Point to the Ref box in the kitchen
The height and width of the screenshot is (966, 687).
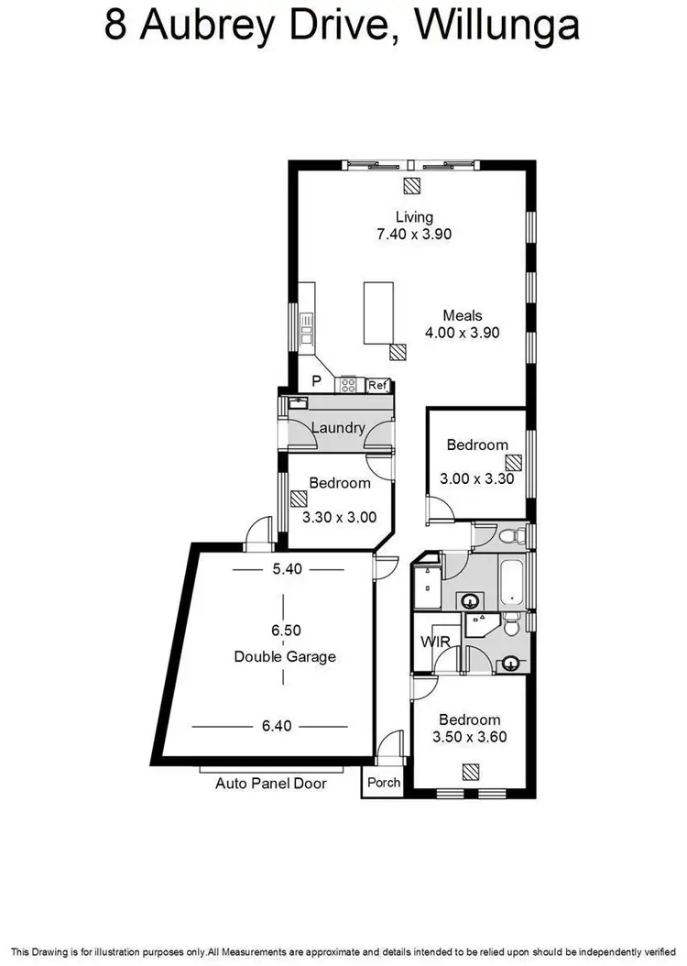tap(378, 386)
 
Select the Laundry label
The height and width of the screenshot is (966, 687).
tap(338, 427)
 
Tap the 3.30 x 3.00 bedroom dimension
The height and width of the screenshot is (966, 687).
tap(339, 517)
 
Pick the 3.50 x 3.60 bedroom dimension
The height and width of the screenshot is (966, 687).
tap(468, 736)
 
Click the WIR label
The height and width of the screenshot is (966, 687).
tap(434, 642)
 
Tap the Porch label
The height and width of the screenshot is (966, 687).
tap(383, 783)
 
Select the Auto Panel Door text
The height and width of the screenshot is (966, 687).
tap(270, 784)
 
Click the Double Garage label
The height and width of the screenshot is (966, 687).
tap(284, 656)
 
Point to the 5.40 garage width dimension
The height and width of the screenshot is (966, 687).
tap(287, 568)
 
